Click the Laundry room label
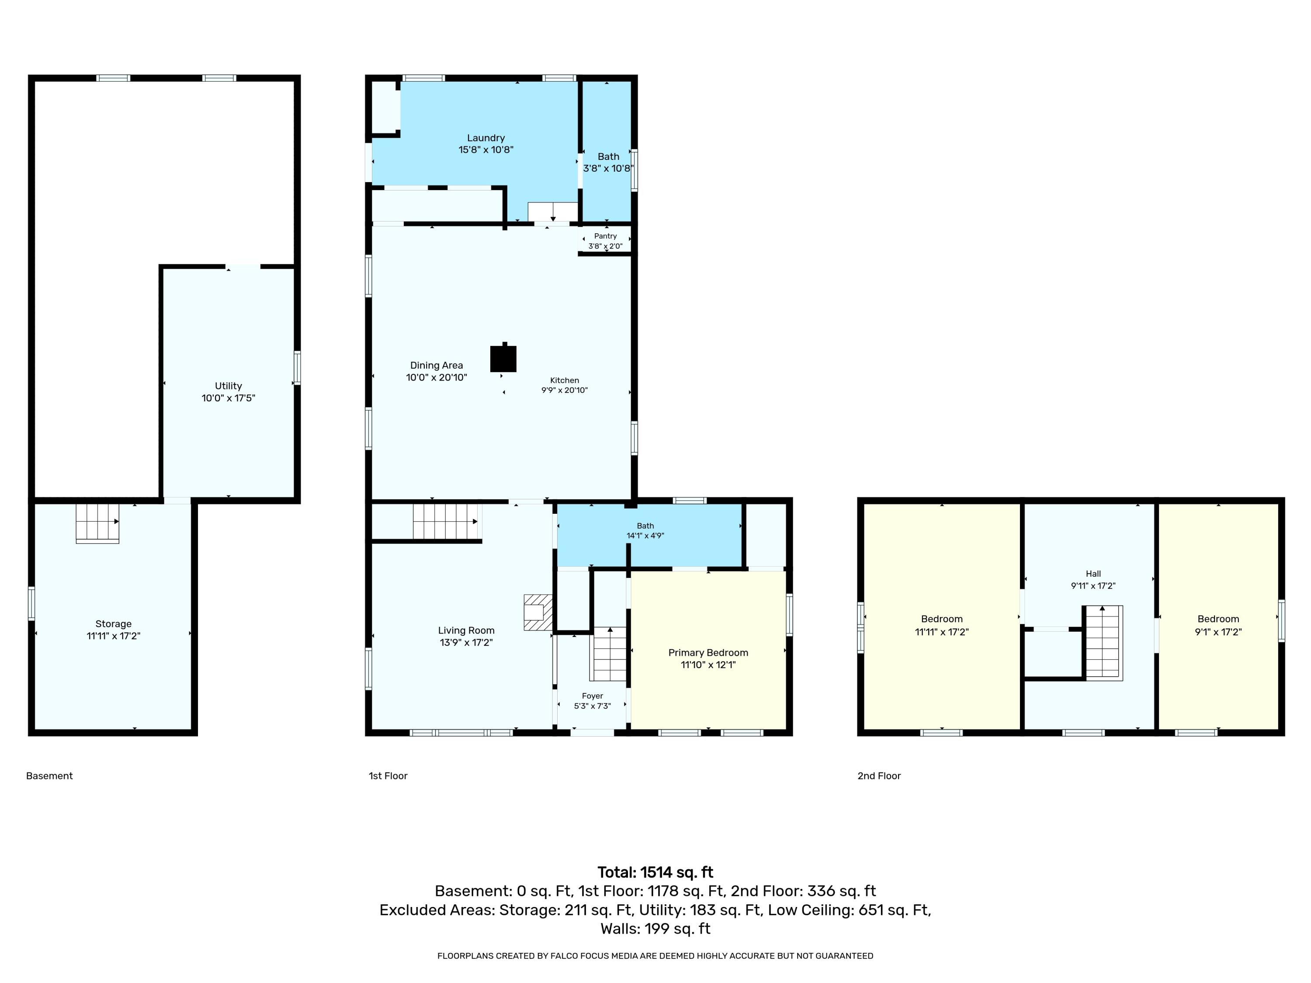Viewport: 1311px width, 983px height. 486,138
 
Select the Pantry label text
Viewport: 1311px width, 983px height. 605,236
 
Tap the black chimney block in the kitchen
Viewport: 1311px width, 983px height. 503,358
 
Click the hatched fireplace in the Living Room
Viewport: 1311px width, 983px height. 538,612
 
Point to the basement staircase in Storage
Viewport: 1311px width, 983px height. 98,523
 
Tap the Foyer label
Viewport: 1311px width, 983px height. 592,696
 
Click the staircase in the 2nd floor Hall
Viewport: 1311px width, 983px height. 1103,643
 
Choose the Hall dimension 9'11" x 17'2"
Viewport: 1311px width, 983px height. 1093,586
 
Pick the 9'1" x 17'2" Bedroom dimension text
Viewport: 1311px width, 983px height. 1218,632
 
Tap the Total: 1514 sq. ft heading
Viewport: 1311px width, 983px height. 655,872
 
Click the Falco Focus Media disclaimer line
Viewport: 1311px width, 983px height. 655,956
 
